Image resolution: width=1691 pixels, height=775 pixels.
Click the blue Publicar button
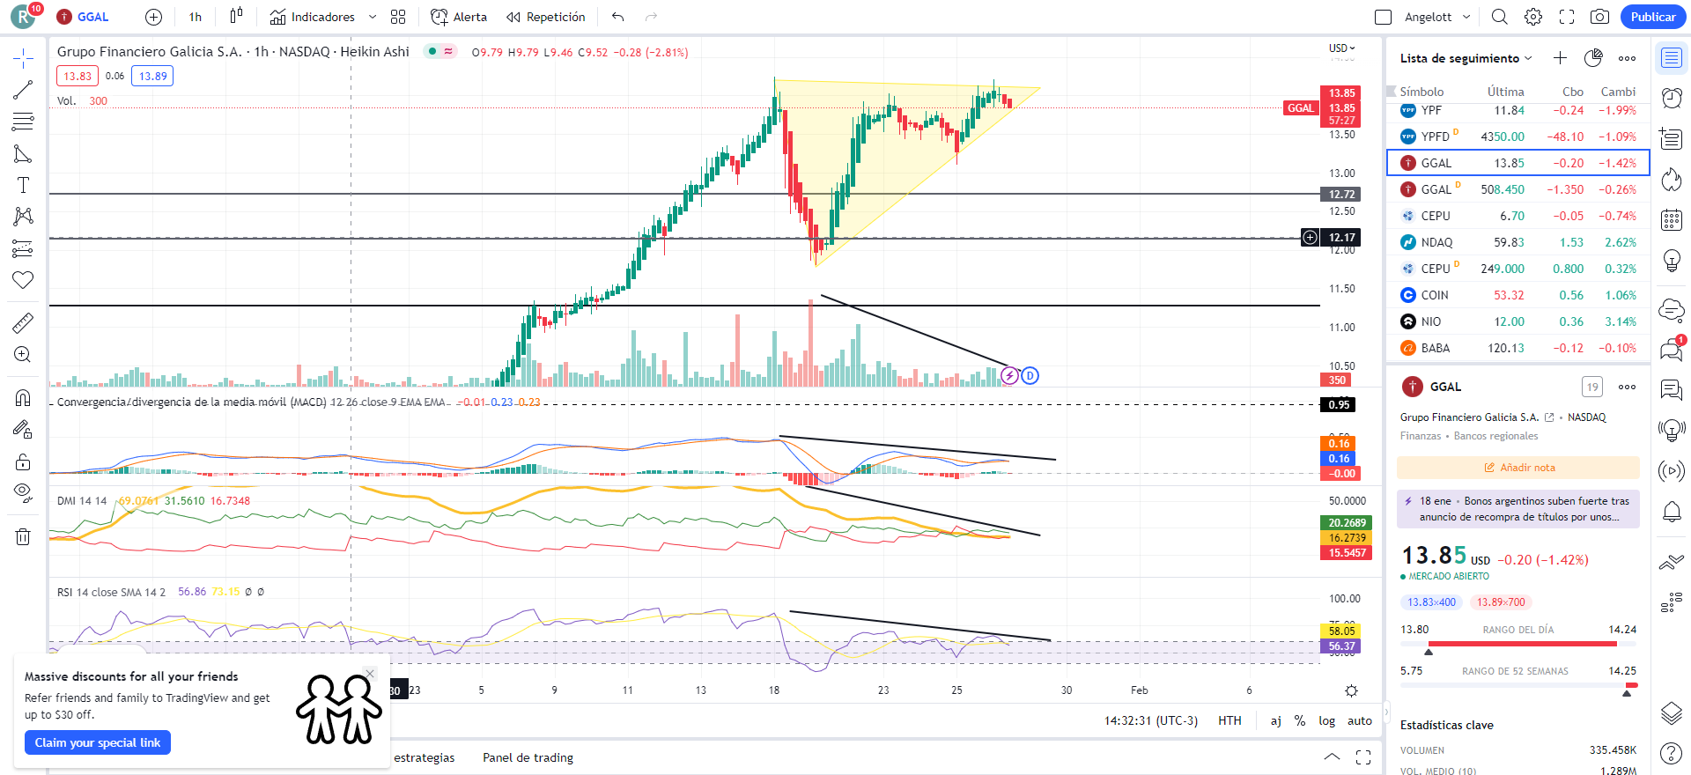tap(1652, 17)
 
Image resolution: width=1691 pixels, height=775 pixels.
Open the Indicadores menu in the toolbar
tap(322, 17)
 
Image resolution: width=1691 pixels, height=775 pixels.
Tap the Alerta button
tap(459, 17)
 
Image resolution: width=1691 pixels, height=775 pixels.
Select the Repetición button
tap(546, 17)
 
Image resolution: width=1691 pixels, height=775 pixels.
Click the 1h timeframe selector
tap(195, 17)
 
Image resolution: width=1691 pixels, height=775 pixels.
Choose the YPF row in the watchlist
tap(1431, 110)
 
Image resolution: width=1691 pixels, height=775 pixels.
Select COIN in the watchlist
tap(1434, 295)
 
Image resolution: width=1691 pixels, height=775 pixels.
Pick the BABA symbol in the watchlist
tap(1435, 348)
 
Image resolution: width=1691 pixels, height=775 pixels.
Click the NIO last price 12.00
tap(1509, 321)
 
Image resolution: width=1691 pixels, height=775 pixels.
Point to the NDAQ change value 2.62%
tap(1620, 242)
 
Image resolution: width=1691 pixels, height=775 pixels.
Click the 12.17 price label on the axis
tap(1341, 237)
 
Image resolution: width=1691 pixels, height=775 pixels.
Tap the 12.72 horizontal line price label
tap(1341, 194)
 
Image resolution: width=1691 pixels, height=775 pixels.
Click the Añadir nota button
tap(1519, 468)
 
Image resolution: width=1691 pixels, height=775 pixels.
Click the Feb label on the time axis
tap(1139, 690)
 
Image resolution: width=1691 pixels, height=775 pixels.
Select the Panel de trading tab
tap(528, 757)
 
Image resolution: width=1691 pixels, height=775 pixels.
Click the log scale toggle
tap(1326, 720)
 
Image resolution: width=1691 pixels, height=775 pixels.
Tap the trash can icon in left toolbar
tap(23, 536)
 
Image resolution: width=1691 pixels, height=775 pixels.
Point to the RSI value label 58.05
tap(1341, 631)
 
